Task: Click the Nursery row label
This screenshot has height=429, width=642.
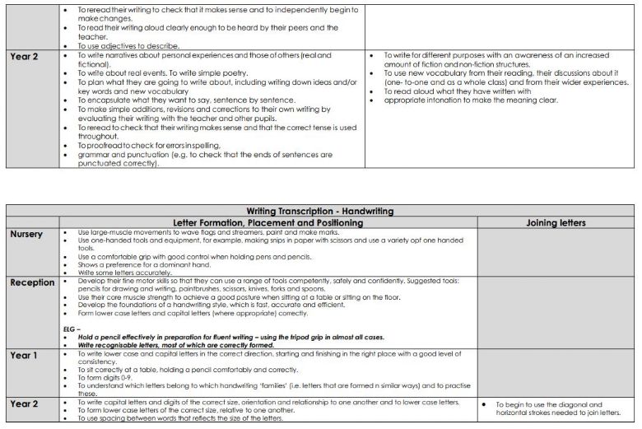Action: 26,234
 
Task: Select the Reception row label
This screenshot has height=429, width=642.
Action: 32,282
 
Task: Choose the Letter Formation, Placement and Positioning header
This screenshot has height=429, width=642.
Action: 267,222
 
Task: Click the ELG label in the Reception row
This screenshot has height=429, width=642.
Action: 70,328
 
